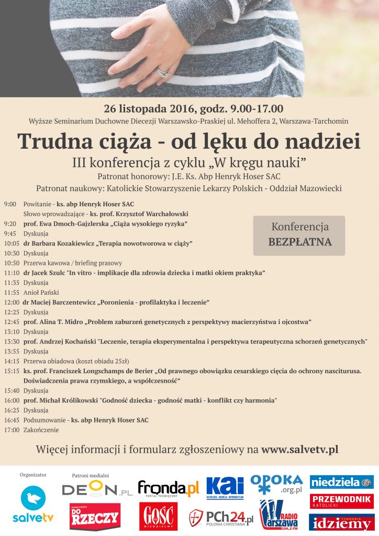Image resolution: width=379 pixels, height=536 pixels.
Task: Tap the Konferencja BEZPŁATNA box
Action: click(299, 235)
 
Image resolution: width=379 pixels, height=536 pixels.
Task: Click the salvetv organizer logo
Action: click(33, 504)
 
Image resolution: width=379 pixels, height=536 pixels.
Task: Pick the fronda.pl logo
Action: click(169, 488)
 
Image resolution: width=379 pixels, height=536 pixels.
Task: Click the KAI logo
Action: click(225, 487)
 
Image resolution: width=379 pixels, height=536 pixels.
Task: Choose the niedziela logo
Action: click(341, 482)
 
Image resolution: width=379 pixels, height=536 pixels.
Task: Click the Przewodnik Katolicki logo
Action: click(341, 501)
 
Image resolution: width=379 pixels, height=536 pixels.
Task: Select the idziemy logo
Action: click(341, 521)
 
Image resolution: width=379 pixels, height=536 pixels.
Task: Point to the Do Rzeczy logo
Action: click(95, 517)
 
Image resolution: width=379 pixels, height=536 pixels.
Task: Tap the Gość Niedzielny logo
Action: click(158, 517)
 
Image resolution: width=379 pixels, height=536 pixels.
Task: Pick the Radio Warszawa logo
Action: click(279, 515)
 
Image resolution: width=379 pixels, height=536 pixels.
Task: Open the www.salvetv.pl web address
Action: click(300, 449)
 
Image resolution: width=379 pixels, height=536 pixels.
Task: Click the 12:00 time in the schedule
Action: click(12, 303)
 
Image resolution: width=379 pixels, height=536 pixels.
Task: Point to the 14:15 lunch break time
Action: click(12, 361)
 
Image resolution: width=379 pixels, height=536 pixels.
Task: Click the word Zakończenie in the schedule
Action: click(41, 430)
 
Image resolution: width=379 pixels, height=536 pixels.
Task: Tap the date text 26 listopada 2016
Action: click(150, 109)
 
